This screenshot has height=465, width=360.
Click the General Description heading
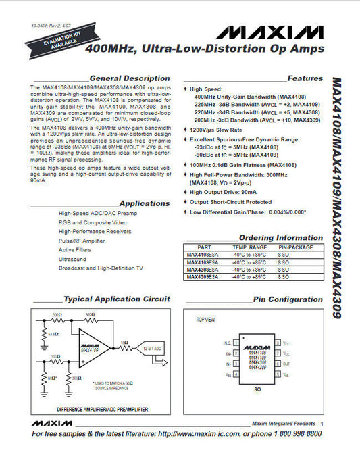pos(129,78)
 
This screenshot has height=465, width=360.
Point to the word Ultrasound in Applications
pos(72,258)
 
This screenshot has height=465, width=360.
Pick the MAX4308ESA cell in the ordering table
pos(203,269)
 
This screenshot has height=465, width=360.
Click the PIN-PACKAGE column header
pos(295,247)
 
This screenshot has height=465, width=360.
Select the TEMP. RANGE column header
pos(249,247)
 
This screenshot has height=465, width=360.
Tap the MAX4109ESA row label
pos(203,262)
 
